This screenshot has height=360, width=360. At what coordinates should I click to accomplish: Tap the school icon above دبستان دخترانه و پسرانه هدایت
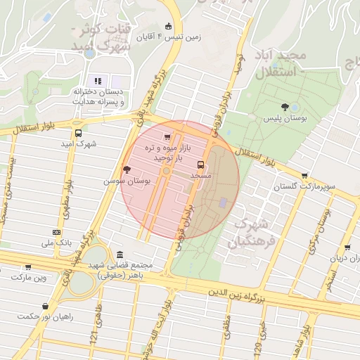tap(98, 81)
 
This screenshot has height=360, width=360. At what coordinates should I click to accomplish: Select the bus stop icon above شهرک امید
tap(77, 133)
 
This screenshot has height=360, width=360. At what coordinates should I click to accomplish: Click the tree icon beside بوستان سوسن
tap(127, 169)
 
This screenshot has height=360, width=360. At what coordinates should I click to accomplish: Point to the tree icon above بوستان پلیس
tap(284, 107)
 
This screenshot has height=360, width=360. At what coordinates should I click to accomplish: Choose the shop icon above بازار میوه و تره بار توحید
tap(167, 137)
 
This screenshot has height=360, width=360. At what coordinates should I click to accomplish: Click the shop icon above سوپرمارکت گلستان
tap(304, 176)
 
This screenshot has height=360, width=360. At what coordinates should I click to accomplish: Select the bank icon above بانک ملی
tap(56, 233)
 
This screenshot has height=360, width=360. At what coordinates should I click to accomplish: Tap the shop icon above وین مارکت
tap(28, 266)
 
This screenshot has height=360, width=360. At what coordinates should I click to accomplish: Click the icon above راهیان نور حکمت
tap(46, 306)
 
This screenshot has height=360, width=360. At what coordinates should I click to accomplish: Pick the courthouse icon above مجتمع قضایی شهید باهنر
tap(120, 254)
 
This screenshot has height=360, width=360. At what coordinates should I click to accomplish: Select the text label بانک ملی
tap(57, 243)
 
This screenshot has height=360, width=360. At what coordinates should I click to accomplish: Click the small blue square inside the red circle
tap(224, 203)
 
